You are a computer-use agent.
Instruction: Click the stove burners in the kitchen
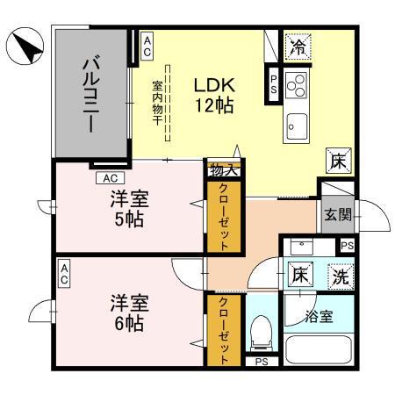coord(296,86)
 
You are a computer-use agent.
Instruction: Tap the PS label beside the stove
coord(274,85)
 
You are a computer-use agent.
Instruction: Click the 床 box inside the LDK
coord(339,161)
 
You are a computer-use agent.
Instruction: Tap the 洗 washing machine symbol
coord(340,275)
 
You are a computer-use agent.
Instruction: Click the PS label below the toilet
coord(260,361)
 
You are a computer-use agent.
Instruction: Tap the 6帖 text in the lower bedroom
coord(128,321)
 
